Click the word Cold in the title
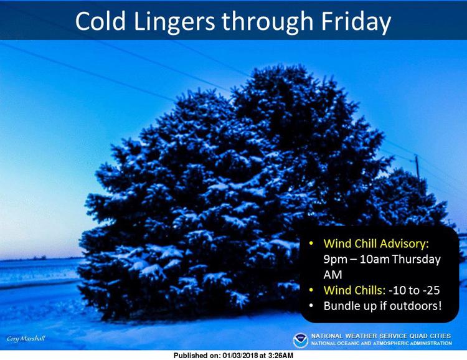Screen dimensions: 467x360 [100, 21]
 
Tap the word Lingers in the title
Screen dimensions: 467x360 [174, 23]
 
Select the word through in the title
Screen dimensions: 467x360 [267, 23]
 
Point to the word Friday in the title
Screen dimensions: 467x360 [356, 23]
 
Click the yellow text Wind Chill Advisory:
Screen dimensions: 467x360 [376, 244]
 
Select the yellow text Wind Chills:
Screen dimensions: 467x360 [354, 290]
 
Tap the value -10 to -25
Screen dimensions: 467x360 [414, 290]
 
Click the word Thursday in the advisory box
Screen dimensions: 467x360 [416, 259]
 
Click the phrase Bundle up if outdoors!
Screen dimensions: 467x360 [382, 306]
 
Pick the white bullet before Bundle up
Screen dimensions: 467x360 [311, 306]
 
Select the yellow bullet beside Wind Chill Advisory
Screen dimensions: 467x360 [311, 244]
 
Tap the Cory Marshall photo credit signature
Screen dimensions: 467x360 [26, 339]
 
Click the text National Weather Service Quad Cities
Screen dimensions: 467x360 [381, 336]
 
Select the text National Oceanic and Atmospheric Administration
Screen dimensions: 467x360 [382, 343]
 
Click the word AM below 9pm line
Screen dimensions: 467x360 [333, 275]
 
